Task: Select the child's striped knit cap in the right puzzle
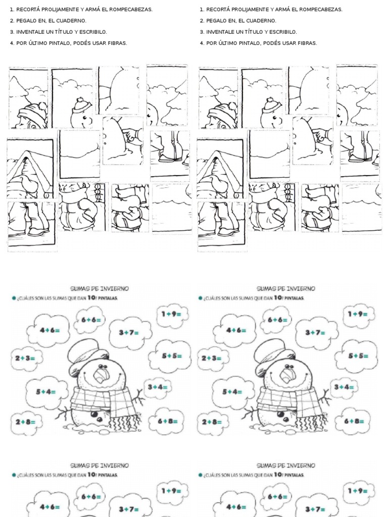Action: click(x=223, y=112)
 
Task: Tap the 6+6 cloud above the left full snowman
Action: click(x=91, y=319)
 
